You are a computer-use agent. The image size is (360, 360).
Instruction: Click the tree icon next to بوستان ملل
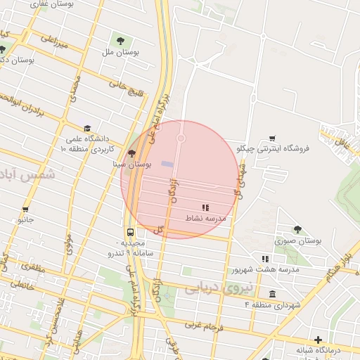coord(124,39)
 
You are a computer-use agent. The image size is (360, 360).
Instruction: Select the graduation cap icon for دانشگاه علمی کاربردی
coord(87,129)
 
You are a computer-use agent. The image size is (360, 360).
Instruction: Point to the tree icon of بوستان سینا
coord(131,154)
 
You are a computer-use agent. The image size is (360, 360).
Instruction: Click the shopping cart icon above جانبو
coord(26,209)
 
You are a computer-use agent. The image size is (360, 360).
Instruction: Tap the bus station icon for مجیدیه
coord(131,232)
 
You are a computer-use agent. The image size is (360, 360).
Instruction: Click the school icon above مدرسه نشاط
coord(205,207)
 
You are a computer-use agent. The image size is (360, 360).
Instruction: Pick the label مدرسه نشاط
coord(205,219)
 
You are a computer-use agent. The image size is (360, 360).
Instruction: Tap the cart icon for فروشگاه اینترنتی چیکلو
coord(272,139)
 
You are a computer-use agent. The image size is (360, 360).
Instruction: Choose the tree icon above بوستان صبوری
coord(298,229)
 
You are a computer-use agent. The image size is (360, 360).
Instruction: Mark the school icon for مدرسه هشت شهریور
coord(265,259)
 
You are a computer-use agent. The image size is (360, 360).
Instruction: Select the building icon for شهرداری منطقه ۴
coord(272,294)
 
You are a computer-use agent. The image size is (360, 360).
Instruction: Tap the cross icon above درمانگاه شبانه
coord(319,339)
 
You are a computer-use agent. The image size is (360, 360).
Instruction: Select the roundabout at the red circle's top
coord(181,139)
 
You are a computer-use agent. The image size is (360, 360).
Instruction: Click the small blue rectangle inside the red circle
coord(167,164)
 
